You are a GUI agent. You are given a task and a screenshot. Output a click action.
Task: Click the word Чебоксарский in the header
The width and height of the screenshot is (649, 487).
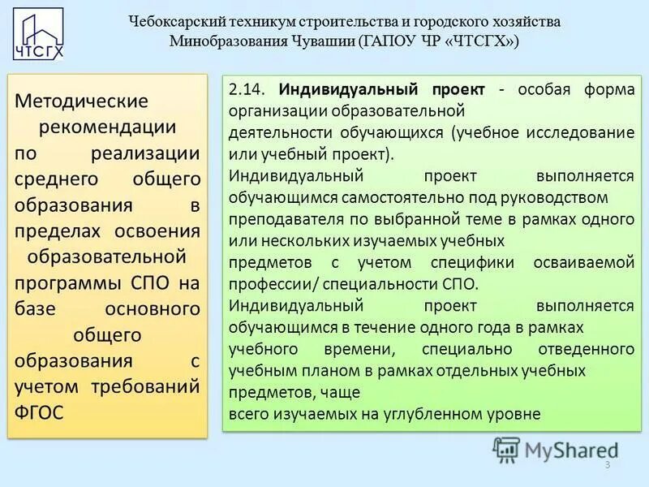click(x=174, y=22)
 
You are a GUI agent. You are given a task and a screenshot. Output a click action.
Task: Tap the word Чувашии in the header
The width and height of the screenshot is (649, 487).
click(x=318, y=41)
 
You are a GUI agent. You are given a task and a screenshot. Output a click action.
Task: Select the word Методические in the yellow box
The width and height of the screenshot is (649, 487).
click(x=82, y=101)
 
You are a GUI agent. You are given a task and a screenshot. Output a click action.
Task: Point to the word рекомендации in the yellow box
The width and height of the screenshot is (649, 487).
click(x=108, y=127)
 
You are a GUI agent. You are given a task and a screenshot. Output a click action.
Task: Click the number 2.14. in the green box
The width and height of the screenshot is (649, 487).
click(x=248, y=89)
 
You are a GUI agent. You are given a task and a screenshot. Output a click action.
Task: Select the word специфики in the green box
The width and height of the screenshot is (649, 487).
click(x=472, y=262)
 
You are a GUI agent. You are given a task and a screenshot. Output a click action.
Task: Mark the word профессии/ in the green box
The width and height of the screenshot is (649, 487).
click(x=269, y=284)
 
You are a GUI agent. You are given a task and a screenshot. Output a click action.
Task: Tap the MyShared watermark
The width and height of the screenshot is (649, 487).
click(x=556, y=449)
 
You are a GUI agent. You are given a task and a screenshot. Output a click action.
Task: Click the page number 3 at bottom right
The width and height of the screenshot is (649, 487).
click(x=607, y=464)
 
